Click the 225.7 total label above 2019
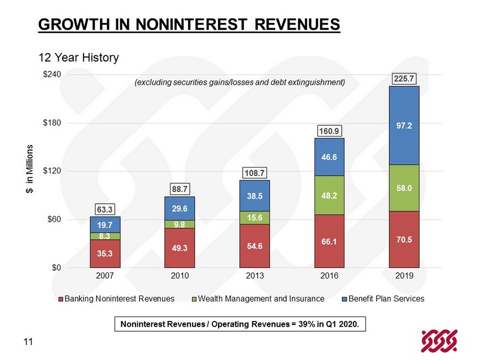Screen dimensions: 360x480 pyautogui.click(x=404, y=80)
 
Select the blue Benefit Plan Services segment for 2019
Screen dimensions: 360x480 pyautogui.click(x=404, y=125)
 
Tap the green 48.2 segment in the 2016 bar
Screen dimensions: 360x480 pyautogui.click(x=329, y=195)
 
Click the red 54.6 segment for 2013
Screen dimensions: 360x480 pyautogui.click(x=255, y=245)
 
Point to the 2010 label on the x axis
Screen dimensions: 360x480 pyautogui.click(x=180, y=276)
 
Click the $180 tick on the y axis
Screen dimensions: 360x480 pyautogui.click(x=53, y=122)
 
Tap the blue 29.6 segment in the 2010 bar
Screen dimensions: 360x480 pyautogui.click(x=180, y=208)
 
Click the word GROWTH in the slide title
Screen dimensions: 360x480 pyautogui.click(x=67, y=25)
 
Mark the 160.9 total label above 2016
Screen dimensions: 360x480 pyautogui.click(x=329, y=131)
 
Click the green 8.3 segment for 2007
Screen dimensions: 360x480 pyautogui.click(x=105, y=236)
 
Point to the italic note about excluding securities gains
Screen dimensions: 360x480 pyautogui.click(x=239, y=82)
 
